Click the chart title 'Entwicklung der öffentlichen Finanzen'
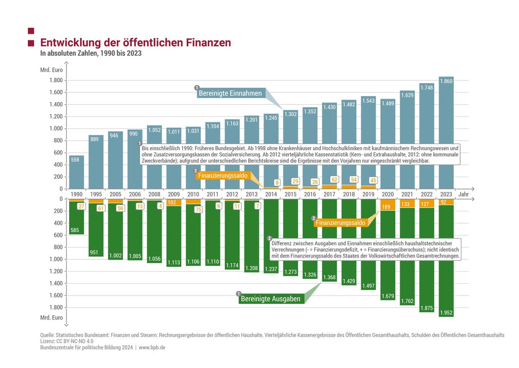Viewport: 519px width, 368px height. [135, 43]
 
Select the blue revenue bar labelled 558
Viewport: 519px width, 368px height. [77, 172]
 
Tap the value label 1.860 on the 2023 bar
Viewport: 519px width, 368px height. [446, 81]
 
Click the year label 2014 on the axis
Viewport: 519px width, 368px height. [271, 194]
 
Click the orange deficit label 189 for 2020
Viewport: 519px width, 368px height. [386, 207]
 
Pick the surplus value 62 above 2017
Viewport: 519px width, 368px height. [334, 180]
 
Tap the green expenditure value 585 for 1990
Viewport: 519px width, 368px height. [74, 230]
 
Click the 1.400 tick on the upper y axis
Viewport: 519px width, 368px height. [56, 104]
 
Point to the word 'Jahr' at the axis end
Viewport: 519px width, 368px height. [463, 194]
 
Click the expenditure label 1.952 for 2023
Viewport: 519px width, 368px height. [446, 313]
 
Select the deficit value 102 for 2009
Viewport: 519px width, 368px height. [172, 203]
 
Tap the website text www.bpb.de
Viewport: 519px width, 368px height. [152, 347]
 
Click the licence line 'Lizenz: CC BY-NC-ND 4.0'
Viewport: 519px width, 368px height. [67, 341]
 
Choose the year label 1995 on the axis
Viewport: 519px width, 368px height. [96, 194]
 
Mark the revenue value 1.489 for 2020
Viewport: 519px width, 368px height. [388, 103]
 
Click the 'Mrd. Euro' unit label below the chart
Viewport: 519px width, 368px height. [51, 317]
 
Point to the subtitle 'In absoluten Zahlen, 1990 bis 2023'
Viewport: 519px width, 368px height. [91, 53]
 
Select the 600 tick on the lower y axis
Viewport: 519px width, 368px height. [58, 235]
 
